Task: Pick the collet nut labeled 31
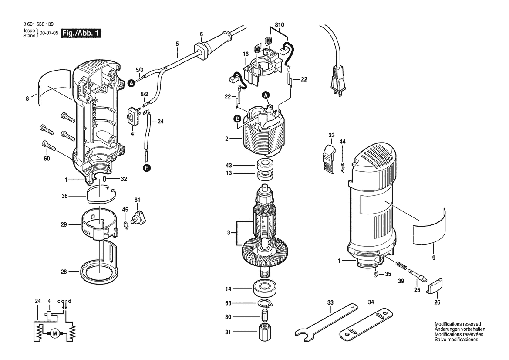click(265, 332)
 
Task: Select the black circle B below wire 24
click(147, 168)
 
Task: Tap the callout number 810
click(280, 25)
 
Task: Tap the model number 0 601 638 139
click(38, 24)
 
